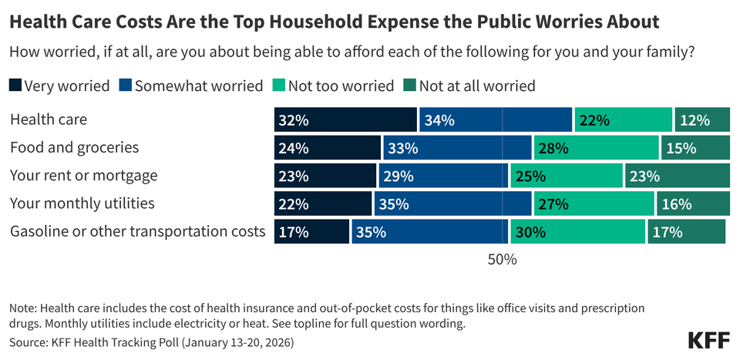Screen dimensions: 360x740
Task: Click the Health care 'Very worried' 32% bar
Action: click(x=345, y=119)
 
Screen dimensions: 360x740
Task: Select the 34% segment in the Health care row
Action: click(x=496, y=119)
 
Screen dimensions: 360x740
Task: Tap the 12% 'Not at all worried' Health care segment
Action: click(x=702, y=119)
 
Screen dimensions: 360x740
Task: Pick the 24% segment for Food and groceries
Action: click(x=328, y=147)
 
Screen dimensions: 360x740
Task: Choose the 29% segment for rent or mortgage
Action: click(x=443, y=175)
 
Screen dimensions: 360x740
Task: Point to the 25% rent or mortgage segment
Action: click(x=567, y=175)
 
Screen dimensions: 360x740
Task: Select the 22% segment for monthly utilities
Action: click(x=323, y=204)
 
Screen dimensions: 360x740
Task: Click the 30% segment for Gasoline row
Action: click(x=577, y=231)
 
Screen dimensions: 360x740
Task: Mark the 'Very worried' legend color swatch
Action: click(x=15, y=86)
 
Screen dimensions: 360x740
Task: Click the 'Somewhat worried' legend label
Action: click(x=199, y=86)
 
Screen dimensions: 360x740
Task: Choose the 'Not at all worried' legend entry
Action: click(x=476, y=86)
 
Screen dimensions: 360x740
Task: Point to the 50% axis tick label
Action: click(x=502, y=260)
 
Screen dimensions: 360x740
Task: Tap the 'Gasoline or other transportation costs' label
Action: click(x=137, y=231)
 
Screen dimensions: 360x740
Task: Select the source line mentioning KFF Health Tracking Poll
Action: click(x=152, y=341)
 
